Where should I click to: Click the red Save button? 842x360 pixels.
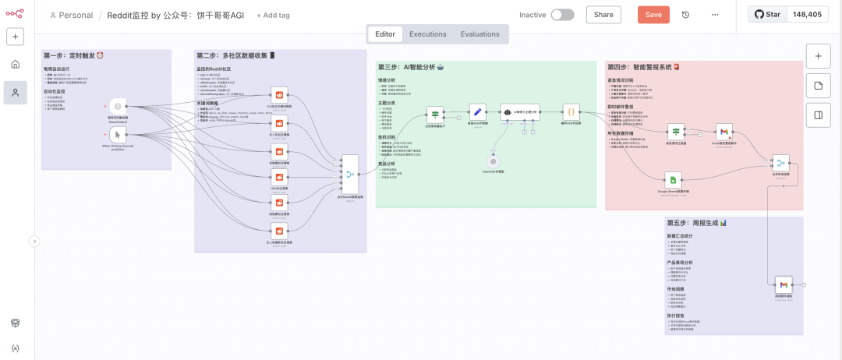[x=653, y=15]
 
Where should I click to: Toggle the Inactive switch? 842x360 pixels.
[x=562, y=15]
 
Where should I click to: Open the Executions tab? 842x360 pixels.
[x=427, y=34]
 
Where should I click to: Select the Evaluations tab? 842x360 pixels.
[x=479, y=34]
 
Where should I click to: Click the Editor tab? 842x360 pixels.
[x=385, y=34]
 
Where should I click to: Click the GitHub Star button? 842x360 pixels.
[x=769, y=15]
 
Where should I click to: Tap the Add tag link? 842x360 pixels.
[x=273, y=16]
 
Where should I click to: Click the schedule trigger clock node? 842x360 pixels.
[x=118, y=106]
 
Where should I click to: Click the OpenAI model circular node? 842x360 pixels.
[x=492, y=161]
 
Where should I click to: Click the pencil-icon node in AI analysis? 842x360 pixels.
[x=477, y=112]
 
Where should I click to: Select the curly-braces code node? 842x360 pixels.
[x=571, y=112]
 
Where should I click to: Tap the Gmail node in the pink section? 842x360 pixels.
[x=724, y=132]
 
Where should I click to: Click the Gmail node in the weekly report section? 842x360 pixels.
[x=783, y=284]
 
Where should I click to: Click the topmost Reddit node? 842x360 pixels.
[x=279, y=94]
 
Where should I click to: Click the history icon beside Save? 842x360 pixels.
[x=686, y=15]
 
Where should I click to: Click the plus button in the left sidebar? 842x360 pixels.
[x=15, y=36]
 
